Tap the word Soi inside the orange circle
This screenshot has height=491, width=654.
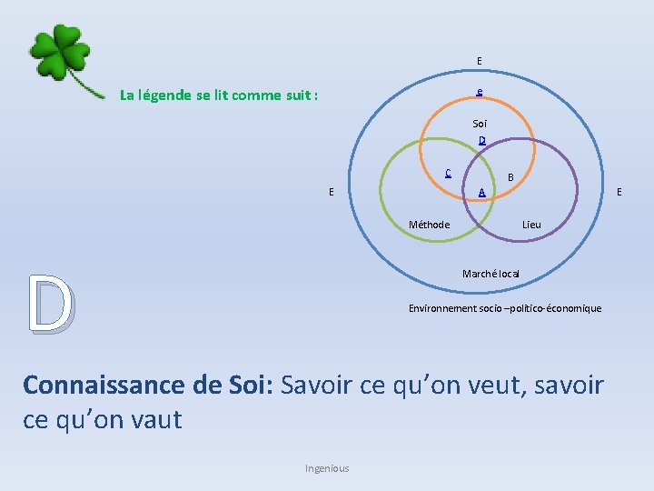coord(480,123)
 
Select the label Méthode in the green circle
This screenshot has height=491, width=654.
coord(429,225)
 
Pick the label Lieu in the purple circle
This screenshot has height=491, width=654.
coord(532,225)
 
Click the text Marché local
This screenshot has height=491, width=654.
coord(490,274)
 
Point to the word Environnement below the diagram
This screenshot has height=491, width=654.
coord(442,308)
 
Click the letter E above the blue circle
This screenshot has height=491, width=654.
coord(480,61)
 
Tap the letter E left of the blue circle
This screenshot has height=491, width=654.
coord(332,192)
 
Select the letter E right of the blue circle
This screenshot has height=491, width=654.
coord(619,192)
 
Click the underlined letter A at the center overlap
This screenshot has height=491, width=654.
coord(482,192)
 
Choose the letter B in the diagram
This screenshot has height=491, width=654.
coord(510,176)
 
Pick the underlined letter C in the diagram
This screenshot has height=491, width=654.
coord(448,173)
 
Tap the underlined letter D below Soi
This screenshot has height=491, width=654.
coord(482,141)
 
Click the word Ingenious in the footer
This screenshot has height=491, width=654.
coord(327,468)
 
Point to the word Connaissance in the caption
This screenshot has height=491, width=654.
coord(104,386)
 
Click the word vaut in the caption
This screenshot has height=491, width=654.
coord(155,420)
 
